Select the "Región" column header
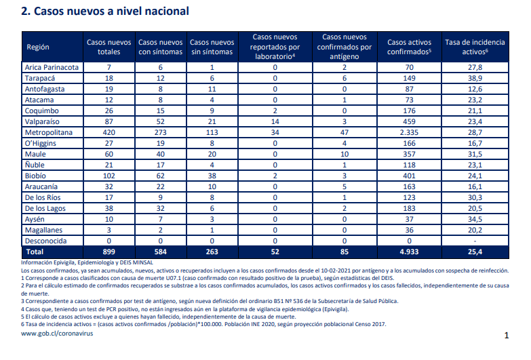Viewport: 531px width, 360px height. [x=38, y=47]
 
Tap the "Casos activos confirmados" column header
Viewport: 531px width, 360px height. [x=409, y=47]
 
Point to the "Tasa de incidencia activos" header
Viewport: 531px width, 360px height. [x=475, y=47]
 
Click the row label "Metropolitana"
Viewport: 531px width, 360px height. [x=49, y=132]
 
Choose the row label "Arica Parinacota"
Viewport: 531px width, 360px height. [x=52, y=67]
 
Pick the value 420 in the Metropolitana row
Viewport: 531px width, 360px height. [x=109, y=132]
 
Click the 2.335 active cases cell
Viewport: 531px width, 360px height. [x=409, y=132]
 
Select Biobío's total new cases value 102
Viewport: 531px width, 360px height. [x=109, y=176]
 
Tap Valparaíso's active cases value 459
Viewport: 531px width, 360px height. [x=409, y=121]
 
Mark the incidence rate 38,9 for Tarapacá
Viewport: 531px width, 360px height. [x=475, y=78]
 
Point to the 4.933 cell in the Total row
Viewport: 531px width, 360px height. [x=409, y=252]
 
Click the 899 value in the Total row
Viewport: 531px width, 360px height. [x=109, y=252]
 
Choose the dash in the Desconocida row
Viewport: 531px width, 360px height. [x=475, y=241]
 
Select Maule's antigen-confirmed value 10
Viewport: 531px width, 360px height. [x=345, y=154]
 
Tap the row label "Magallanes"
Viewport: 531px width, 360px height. [x=43, y=230]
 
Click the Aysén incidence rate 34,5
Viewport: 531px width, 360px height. [x=475, y=219]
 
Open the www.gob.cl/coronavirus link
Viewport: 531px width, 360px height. [x=57, y=334]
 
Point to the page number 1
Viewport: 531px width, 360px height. [x=507, y=336]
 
